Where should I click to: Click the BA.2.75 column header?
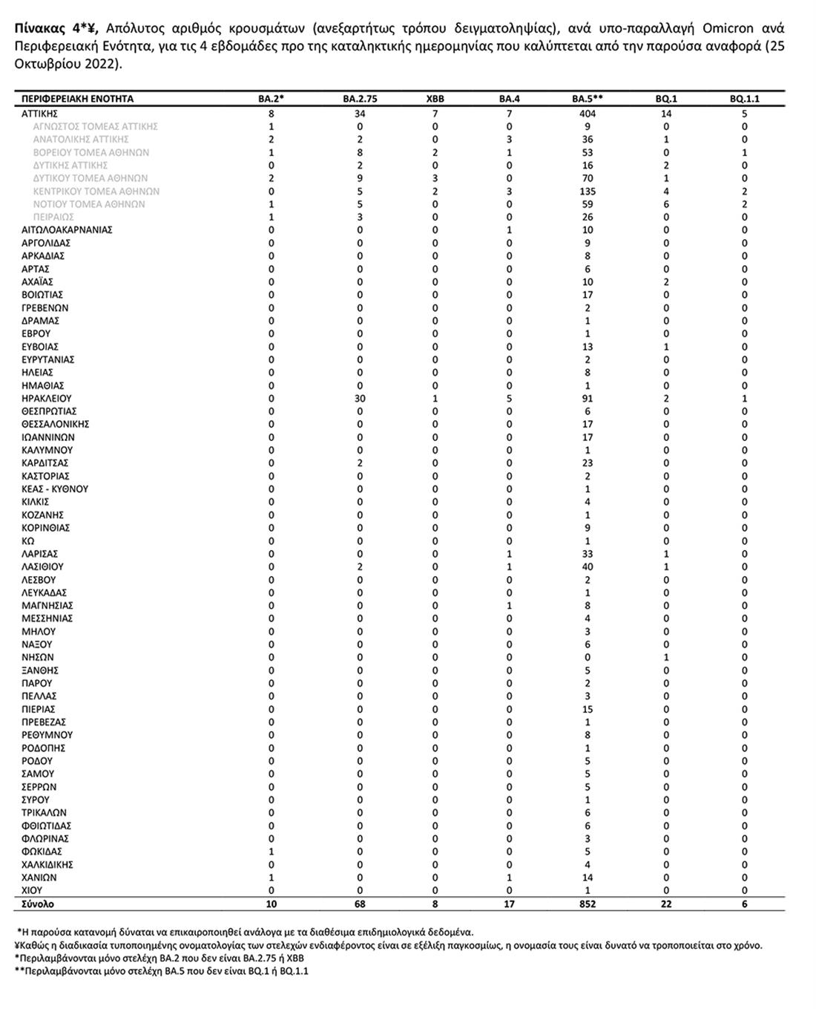coord(360,99)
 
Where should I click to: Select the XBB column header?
coord(435,99)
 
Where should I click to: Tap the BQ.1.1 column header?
coord(744,99)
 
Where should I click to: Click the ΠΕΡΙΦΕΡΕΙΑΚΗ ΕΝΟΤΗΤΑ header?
coord(78,99)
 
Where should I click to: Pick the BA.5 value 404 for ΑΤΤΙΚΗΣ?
coord(588,114)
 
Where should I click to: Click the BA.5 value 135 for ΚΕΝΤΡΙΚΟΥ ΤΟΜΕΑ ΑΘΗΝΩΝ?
coord(588,192)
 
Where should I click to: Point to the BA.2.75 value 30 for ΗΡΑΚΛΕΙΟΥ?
coord(360,399)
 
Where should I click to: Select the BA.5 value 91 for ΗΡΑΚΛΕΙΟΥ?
coord(588,399)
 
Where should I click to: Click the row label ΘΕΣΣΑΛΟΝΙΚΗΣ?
coord(56,424)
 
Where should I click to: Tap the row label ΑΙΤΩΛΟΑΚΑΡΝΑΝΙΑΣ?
coord(67,230)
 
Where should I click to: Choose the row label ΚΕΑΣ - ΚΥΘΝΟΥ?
coord(55,489)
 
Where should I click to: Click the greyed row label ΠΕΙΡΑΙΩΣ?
coord(53,218)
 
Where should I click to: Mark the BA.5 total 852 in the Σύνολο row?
coord(588,904)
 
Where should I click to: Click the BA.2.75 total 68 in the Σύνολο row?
coord(360,904)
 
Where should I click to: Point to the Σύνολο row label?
coord(38,904)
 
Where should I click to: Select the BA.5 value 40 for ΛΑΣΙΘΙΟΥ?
coord(588,567)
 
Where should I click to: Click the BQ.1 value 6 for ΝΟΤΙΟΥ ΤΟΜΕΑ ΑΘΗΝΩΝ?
coord(666,204)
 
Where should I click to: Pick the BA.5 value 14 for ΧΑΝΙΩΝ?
coord(588,878)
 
